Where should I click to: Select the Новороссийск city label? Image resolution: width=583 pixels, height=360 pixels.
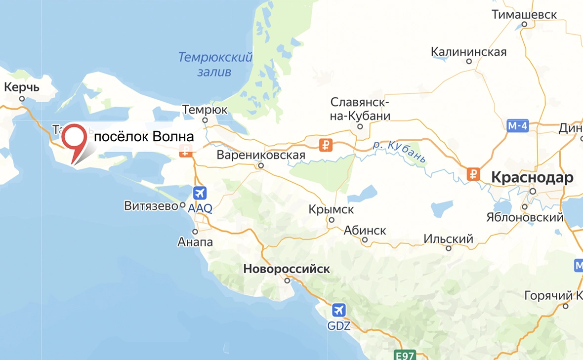coord(286,269)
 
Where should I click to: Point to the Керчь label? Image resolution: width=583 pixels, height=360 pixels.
coord(21,87)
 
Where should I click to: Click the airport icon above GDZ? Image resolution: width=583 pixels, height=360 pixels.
coord(338,310)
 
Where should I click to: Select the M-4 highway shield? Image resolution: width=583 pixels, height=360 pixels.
coord(518,126)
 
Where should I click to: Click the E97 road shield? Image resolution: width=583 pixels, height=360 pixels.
coord(405,355)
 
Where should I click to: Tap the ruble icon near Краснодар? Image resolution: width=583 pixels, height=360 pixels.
coord(473,174)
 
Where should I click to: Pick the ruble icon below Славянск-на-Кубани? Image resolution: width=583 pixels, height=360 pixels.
coord(326,145)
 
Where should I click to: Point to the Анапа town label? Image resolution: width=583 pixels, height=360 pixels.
coord(195,242)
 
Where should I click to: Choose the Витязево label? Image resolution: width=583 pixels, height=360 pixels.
coord(151,206)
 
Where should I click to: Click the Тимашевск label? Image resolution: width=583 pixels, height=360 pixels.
coord(524,14)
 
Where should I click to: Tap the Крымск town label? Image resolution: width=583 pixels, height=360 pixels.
coord(331,209)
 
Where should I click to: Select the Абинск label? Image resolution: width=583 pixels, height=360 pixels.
coord(365,230)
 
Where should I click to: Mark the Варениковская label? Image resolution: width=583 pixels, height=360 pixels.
coord(261,156)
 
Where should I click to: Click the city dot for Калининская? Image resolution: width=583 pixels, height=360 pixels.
coord(469,62)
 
